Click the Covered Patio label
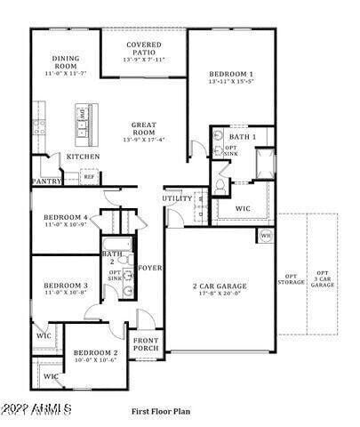coord(143,44)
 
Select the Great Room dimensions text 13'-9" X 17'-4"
coord(143,139)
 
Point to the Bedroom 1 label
coord(231,74)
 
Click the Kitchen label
coord(83,157)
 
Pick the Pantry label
coord(45,181)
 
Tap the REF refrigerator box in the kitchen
coord(89,177)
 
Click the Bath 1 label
coord(242,137)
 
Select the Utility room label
coord(175,198)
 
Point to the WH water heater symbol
coord(265,236)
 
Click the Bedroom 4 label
coord(66,218)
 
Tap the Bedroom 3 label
coord(66,286)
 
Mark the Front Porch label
coord(147,344)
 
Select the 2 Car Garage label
coord(220,286)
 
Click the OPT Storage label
coord(290,279)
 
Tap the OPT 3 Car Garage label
coord(322,278)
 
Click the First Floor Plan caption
coord(163,412)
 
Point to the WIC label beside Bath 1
coord(244,209)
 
